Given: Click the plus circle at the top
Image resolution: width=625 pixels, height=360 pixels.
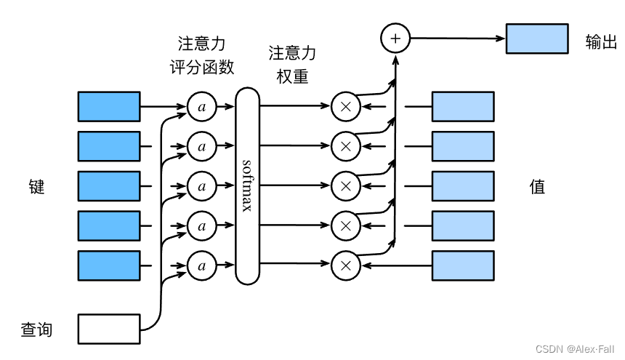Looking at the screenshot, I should (395, 38).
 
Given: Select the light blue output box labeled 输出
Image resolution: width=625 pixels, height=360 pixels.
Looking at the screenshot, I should (537, 39).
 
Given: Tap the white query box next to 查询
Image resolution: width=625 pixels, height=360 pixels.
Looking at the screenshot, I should (109, 329).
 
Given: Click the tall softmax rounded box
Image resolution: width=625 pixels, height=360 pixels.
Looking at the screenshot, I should (247, 185).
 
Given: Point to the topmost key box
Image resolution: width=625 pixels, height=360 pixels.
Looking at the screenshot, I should (109, 106).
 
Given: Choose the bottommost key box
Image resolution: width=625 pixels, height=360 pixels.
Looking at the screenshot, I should (109, 265).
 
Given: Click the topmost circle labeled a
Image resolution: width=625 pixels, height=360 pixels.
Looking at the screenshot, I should (202, 107).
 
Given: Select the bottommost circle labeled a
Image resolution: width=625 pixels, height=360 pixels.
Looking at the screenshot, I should (202, 266).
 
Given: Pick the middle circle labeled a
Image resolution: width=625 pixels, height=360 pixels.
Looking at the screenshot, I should (202, 186).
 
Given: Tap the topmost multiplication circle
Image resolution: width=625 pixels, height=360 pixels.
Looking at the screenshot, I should (346, 107).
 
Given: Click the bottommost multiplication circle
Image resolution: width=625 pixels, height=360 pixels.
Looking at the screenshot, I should (346, 266).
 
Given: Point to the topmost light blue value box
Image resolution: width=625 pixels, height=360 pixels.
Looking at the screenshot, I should (463, 106).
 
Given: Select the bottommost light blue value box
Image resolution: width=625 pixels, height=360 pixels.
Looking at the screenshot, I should (463, 265).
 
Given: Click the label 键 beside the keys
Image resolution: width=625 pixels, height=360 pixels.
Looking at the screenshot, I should (36, 187).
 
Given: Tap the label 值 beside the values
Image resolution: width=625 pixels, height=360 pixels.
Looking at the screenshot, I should (537, 187).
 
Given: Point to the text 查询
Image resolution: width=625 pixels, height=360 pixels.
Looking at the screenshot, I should (36, 329).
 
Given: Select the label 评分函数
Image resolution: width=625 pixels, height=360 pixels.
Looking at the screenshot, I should (201, 67).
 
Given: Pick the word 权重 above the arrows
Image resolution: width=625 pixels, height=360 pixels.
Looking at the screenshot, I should (293, 76).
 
